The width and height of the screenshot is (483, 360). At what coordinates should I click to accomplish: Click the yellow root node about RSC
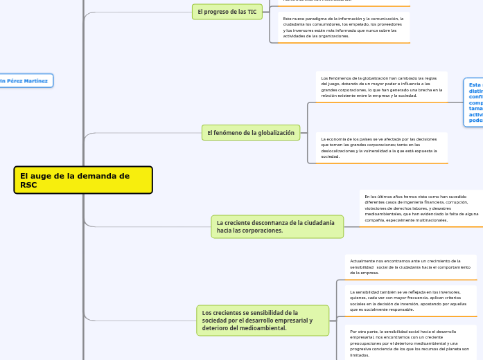click(x=82, y=180)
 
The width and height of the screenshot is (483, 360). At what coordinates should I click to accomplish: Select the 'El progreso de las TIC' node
click(x=227, y=12)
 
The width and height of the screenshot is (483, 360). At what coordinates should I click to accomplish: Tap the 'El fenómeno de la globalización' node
click(x=251, y=133)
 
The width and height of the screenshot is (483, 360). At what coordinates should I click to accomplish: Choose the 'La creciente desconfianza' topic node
click(x=277, y=226)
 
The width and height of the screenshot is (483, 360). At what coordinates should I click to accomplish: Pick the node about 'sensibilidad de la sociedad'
click(x=263, y=321)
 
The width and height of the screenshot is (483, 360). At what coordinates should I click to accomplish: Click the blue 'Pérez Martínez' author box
click(x=25, y=81)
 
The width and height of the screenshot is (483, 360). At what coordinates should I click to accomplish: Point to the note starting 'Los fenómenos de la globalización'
click(x=381, y=87)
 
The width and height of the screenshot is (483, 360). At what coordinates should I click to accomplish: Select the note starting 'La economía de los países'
click(x=381, y=147)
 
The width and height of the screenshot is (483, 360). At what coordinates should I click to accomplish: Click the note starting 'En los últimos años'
click(x=421, y=208)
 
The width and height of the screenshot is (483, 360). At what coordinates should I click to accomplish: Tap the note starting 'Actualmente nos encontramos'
click(x=410, y=267)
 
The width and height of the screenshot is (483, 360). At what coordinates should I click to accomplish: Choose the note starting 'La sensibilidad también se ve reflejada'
click(x=410, y=300)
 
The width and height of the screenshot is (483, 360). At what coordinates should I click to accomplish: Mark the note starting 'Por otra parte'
click(x=410, y=343)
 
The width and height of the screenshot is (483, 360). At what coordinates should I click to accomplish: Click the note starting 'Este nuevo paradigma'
click(x=343, y=27)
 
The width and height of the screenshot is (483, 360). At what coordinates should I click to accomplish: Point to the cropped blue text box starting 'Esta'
click(x=474, y=102)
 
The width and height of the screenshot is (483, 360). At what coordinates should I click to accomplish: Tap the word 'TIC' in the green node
click(x=252, y=12)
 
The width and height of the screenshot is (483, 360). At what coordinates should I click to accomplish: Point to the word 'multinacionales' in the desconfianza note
click(x=430, y=220)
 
